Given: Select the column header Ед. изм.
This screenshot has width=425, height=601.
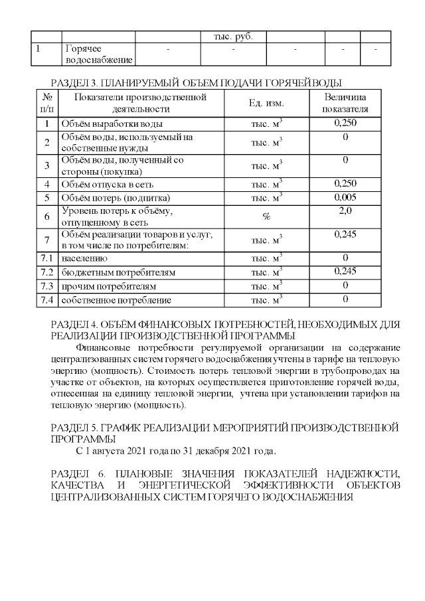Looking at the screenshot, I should tap(266, 104).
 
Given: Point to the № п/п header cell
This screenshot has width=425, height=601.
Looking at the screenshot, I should tap(46, 104).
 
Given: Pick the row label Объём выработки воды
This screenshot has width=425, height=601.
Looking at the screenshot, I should tap(112, 124).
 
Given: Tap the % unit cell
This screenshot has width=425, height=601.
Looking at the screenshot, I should tap(266, 216).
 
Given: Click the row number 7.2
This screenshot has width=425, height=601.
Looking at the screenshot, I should tap(46, 272).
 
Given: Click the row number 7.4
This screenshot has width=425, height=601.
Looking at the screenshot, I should tap(46, 300).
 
